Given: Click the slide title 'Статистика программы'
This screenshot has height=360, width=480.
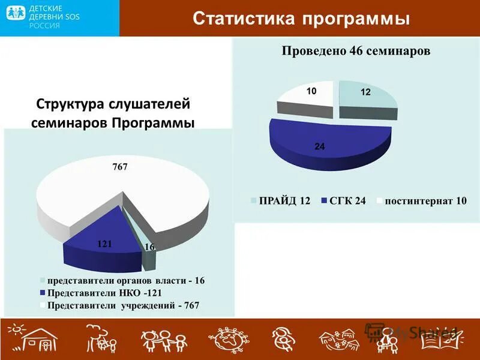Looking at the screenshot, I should (301, 18).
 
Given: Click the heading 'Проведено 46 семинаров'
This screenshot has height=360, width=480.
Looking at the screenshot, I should (356, 51).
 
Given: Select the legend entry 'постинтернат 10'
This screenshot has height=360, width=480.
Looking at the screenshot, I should (421, 201).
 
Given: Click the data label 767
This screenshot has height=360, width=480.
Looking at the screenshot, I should (120, 167).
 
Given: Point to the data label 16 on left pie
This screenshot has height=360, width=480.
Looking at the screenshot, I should (149, 247).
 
